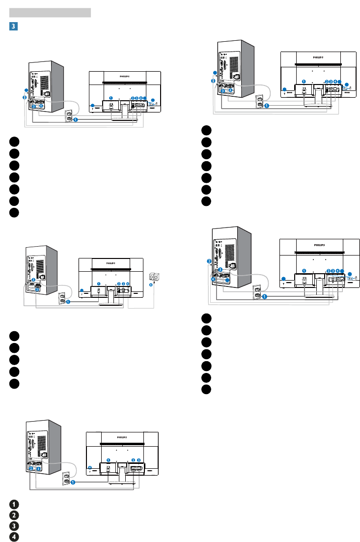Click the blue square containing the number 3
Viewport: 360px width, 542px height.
point(13,25)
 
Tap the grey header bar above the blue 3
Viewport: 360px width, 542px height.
point(50,13)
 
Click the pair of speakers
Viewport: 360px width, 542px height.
point(153,278)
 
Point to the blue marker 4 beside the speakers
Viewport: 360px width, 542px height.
point(150,286)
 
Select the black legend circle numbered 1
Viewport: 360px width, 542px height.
point(15,504)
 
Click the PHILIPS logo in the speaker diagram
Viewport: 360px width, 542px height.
point(111,261)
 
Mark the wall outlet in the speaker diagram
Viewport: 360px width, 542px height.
point(62,298)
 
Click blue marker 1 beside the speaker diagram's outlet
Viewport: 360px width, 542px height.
point(68,303)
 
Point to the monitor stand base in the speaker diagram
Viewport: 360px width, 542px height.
point(111,304)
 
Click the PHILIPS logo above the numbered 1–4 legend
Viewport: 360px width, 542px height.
point(122,436)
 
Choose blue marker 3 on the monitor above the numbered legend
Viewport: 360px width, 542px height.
point(139,459)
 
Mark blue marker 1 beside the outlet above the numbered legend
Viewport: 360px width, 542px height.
point(72,483)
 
